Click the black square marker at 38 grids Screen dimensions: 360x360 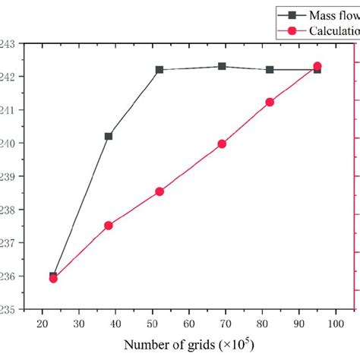click(x=109, y=136)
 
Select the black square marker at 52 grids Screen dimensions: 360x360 click(x=159, y=70)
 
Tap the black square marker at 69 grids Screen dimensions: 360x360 click(x=222, y=66)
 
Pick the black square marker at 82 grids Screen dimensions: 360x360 click(x=270, y=70)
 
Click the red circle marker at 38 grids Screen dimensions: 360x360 click(x=109, y=226)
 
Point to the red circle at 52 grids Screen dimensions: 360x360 click(x=159, y=191)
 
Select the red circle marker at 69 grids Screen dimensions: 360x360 click(x=222, y=144)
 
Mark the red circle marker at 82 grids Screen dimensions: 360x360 click(x=270, y=102)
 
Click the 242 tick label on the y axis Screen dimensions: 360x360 click(x=8, y=77)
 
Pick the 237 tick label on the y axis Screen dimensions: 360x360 click(x=8, y=243)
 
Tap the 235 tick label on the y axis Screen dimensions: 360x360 click(x=8, y=309)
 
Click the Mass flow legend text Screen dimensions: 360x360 click(x=334, y=13)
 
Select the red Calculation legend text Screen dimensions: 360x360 click(x=334, y=31)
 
